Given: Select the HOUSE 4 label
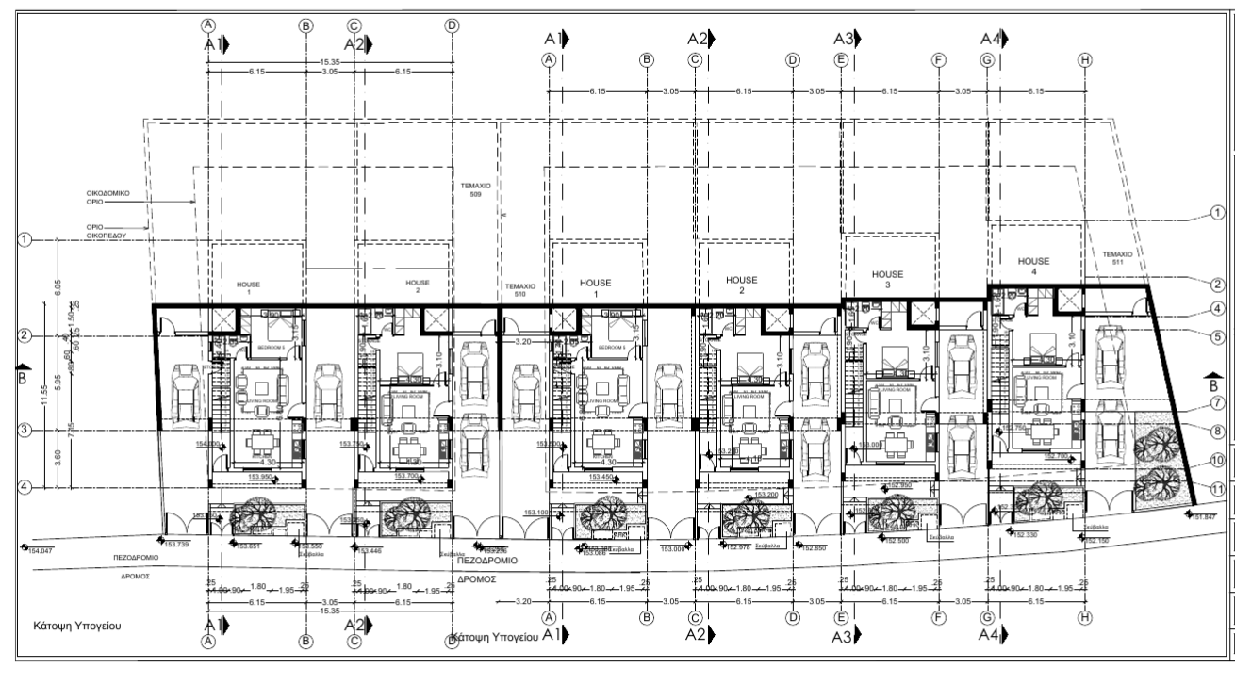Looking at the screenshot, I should (x=1034, y=266).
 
